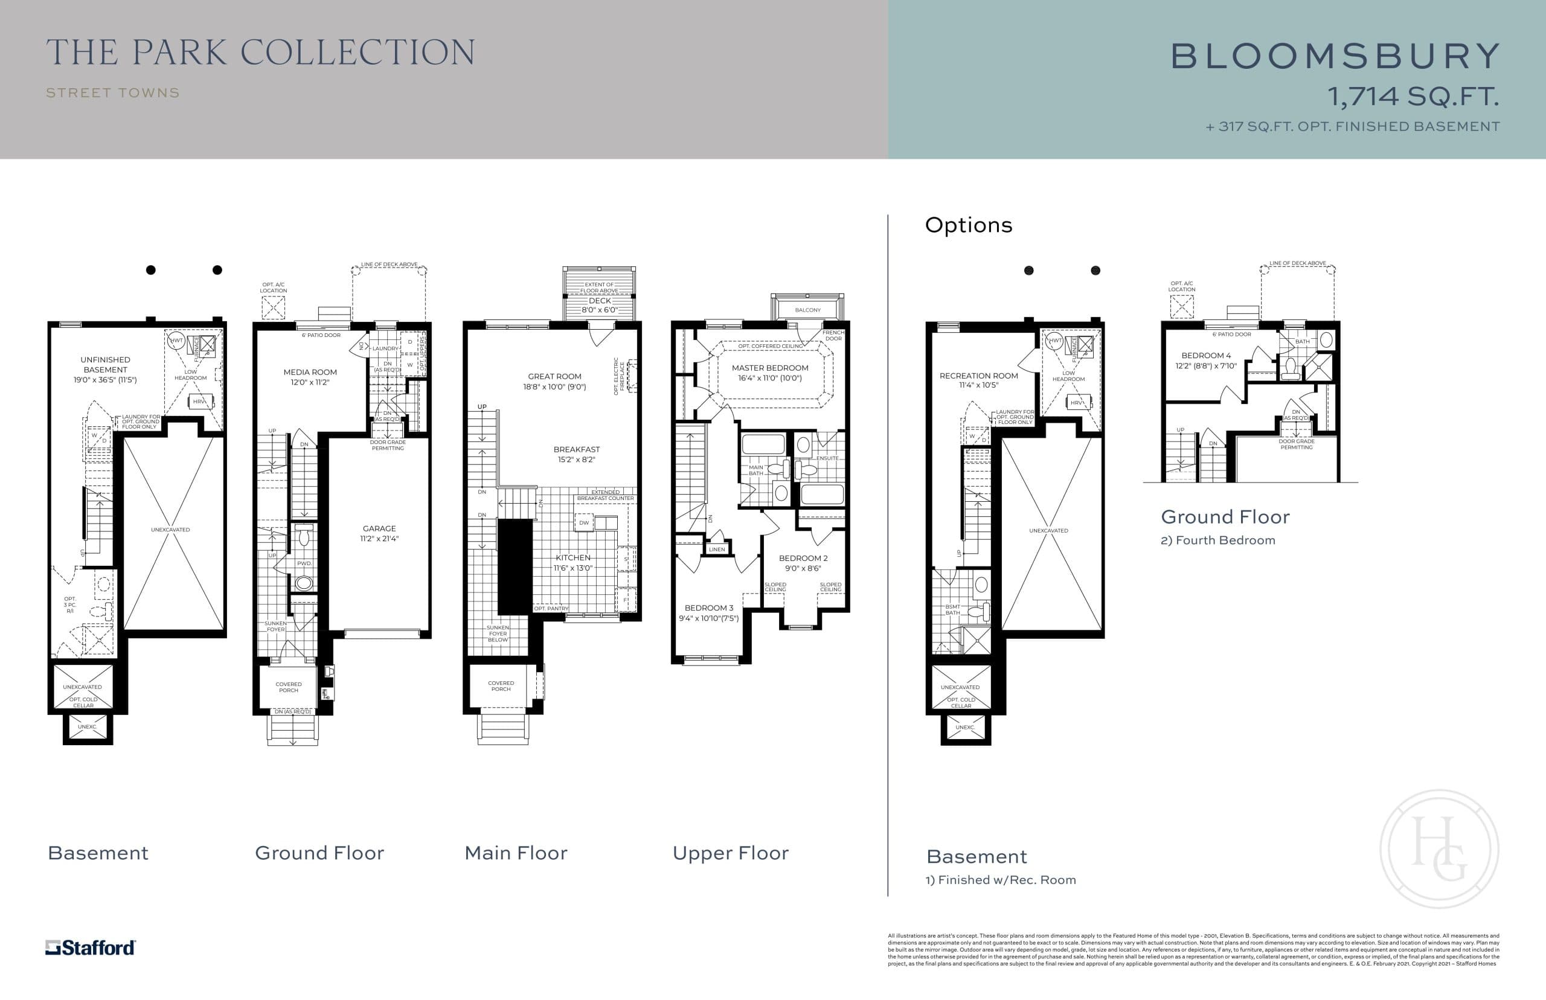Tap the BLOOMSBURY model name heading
click(1335, 57)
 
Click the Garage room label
click(379, 528)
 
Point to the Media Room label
click(310, 372)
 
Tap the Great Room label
click(554, 376)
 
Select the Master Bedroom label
click(769, 368)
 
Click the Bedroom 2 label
click(803, 558)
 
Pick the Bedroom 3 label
click(708, 608)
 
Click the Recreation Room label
click(978, 376)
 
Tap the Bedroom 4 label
click(1206, 355)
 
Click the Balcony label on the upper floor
click(808, 310)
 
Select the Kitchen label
click(573, 558)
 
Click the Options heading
click(968, 225)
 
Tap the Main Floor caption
click(516, 853)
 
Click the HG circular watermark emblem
click(1439, 848)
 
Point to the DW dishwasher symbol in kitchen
click(584, 523)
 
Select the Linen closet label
click(717, 550)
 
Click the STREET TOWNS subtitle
click(113, 93)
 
